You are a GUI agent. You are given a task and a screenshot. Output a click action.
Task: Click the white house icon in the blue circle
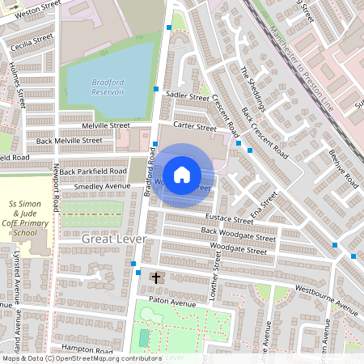182,175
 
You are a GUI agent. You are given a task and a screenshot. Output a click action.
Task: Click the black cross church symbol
157,278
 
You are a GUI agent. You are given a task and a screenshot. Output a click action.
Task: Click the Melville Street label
105,125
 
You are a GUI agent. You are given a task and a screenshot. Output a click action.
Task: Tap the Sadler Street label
187,96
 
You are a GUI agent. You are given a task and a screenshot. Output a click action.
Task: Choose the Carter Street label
194,127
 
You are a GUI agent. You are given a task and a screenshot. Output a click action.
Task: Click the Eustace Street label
230,219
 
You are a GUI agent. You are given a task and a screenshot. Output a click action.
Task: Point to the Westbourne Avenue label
326,298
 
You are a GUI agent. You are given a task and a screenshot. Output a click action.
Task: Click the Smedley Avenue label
102,187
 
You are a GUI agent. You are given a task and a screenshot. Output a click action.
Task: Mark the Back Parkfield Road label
93,171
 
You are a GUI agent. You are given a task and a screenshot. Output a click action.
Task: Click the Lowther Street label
215,276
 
